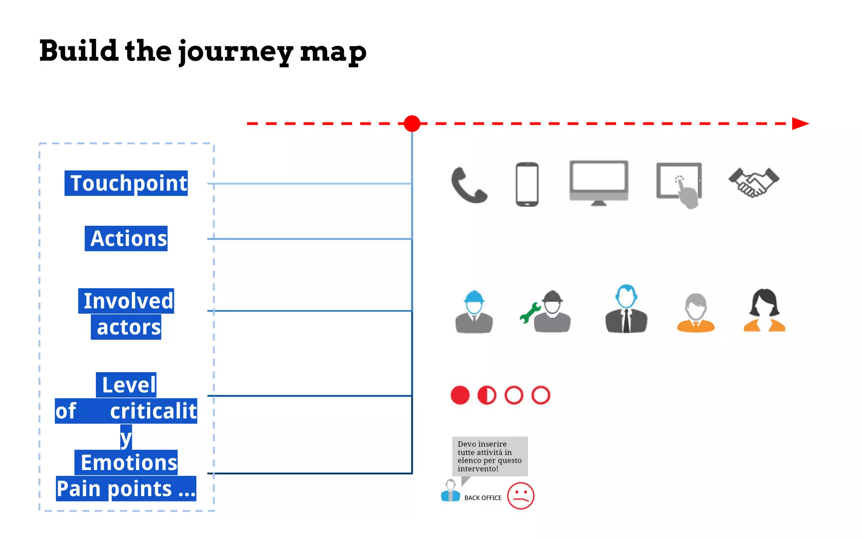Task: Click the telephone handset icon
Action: click(469, 185)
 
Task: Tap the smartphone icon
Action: click(527, 184)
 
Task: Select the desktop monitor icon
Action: click(599, 182)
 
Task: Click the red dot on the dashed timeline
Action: click(412, 123)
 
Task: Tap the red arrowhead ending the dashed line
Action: click(800, 123)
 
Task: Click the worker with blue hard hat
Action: click(474, 311)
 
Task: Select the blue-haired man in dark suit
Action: click(626, 309)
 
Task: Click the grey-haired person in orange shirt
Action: click(696, 313)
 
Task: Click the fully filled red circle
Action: click(460, 395)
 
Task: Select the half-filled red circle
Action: click(487, 395)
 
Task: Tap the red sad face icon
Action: click(521, 496)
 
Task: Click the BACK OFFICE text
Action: click(483, 498)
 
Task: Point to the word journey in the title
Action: click(236, 51)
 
